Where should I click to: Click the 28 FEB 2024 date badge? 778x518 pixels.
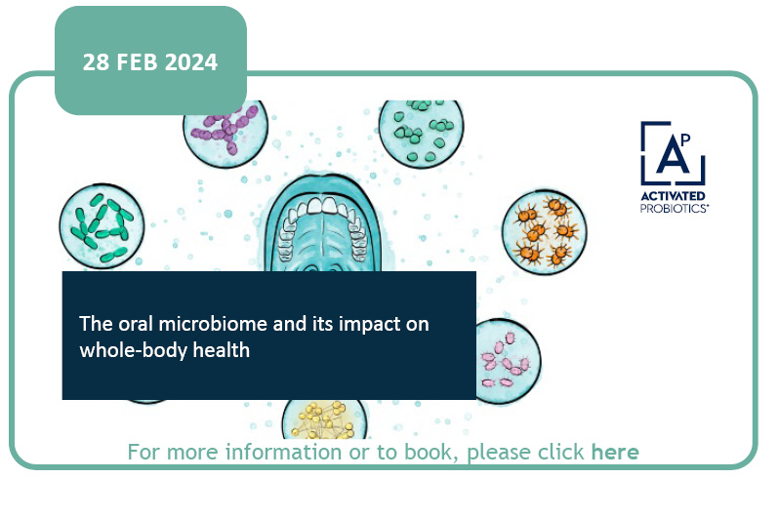[150, 60]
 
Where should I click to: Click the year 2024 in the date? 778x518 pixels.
[191, 62]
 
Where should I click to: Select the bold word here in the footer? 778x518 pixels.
[615, 452]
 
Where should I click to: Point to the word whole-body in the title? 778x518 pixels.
[133, 350]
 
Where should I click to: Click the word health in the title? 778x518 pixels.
[222, 350]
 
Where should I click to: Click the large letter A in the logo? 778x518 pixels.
[671, 155]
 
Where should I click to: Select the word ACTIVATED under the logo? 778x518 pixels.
[673, 196]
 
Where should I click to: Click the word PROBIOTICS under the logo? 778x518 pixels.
[674, 208]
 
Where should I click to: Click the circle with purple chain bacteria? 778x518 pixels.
[226, 132]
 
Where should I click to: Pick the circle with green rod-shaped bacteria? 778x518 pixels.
[102, 226]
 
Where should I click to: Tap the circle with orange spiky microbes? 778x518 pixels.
[545, 232]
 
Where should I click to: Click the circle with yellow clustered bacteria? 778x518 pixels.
[324, 419]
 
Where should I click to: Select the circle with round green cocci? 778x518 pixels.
[422, 133]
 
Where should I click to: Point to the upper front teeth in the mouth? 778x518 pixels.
[322, 205]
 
